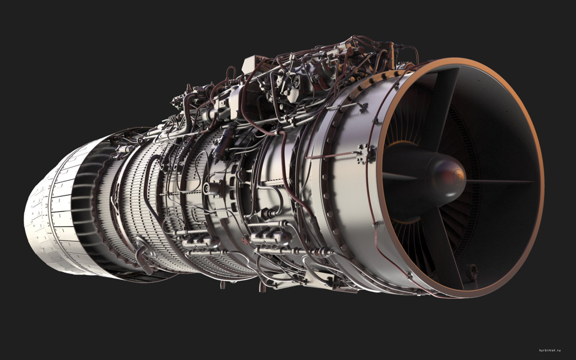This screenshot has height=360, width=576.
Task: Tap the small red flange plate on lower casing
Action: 244,240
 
